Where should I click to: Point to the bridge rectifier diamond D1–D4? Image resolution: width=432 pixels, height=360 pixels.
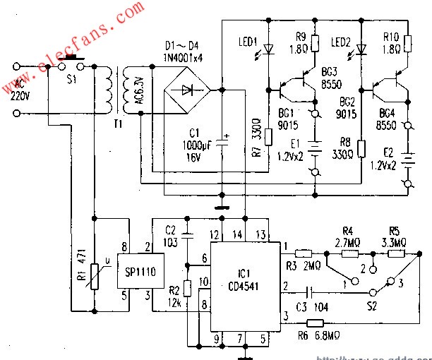click(x=186, y=90)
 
